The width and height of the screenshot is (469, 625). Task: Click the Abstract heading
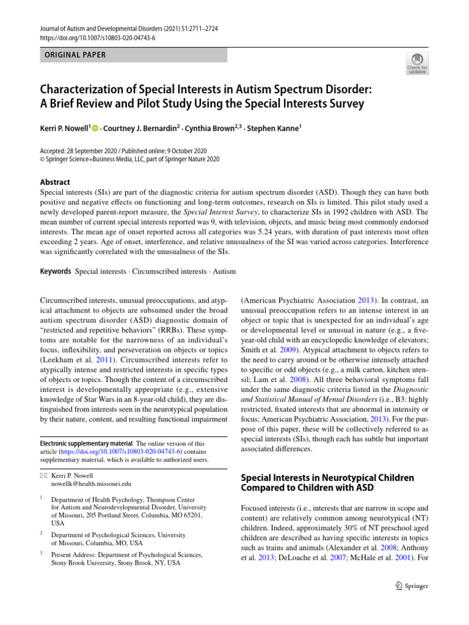(x=54, y=182)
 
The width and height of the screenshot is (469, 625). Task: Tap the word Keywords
(x=54, y=271)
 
